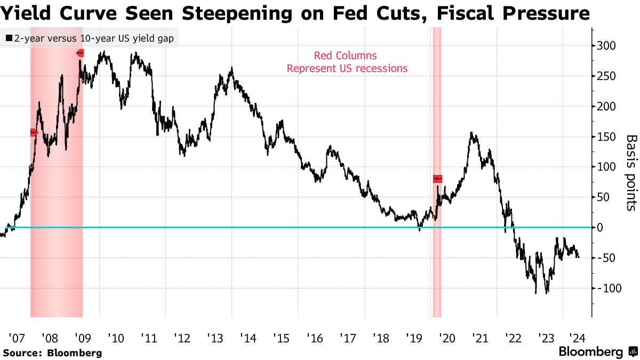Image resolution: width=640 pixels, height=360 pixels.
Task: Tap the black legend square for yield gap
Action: coord(9,38)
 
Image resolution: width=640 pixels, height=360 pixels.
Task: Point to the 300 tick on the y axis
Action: coord(606,46)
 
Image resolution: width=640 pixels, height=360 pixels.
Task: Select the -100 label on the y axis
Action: coord(608,288)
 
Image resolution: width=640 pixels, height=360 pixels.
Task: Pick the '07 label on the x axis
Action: coord(16,338)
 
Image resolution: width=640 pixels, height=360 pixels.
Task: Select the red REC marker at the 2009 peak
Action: coord(80,53)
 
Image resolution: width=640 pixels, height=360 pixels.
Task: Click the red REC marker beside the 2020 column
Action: coord(437,179)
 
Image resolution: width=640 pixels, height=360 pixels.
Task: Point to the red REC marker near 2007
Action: coord(33,132)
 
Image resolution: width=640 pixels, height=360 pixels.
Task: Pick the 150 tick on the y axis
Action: coord(606,137)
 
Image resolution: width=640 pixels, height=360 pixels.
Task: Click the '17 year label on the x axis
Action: coord(347,338)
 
